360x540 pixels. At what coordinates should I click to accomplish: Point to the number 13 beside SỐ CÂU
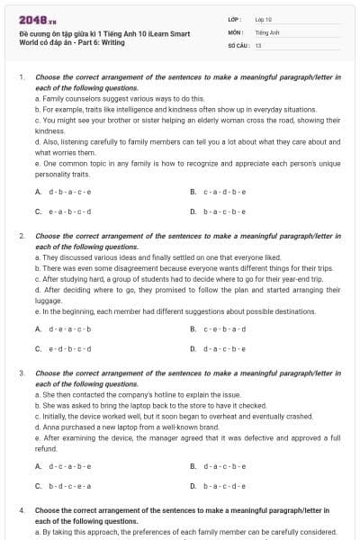(x=258, y=44)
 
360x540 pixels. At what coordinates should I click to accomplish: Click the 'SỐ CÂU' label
(x=238, y=44)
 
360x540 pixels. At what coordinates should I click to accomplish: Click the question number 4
(x=22, y=510)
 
